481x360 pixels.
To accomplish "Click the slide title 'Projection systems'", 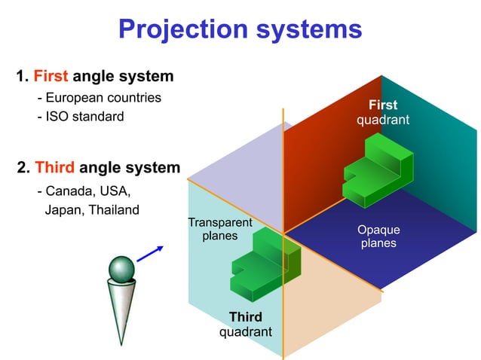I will point(240,29).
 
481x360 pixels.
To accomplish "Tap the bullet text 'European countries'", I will point(103,98).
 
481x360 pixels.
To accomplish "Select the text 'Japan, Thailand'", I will point(92,209).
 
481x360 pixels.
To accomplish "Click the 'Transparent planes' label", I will point(219,229).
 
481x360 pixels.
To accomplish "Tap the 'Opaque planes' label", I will point(378,236).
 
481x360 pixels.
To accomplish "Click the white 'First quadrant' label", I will point(383,112).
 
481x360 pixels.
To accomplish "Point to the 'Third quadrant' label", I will point(245,324).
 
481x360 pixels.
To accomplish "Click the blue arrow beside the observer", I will point(151,253).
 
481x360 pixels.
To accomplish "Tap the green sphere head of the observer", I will point(122,269).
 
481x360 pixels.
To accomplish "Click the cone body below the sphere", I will point(120,309).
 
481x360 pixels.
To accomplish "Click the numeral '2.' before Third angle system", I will point(24,166).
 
